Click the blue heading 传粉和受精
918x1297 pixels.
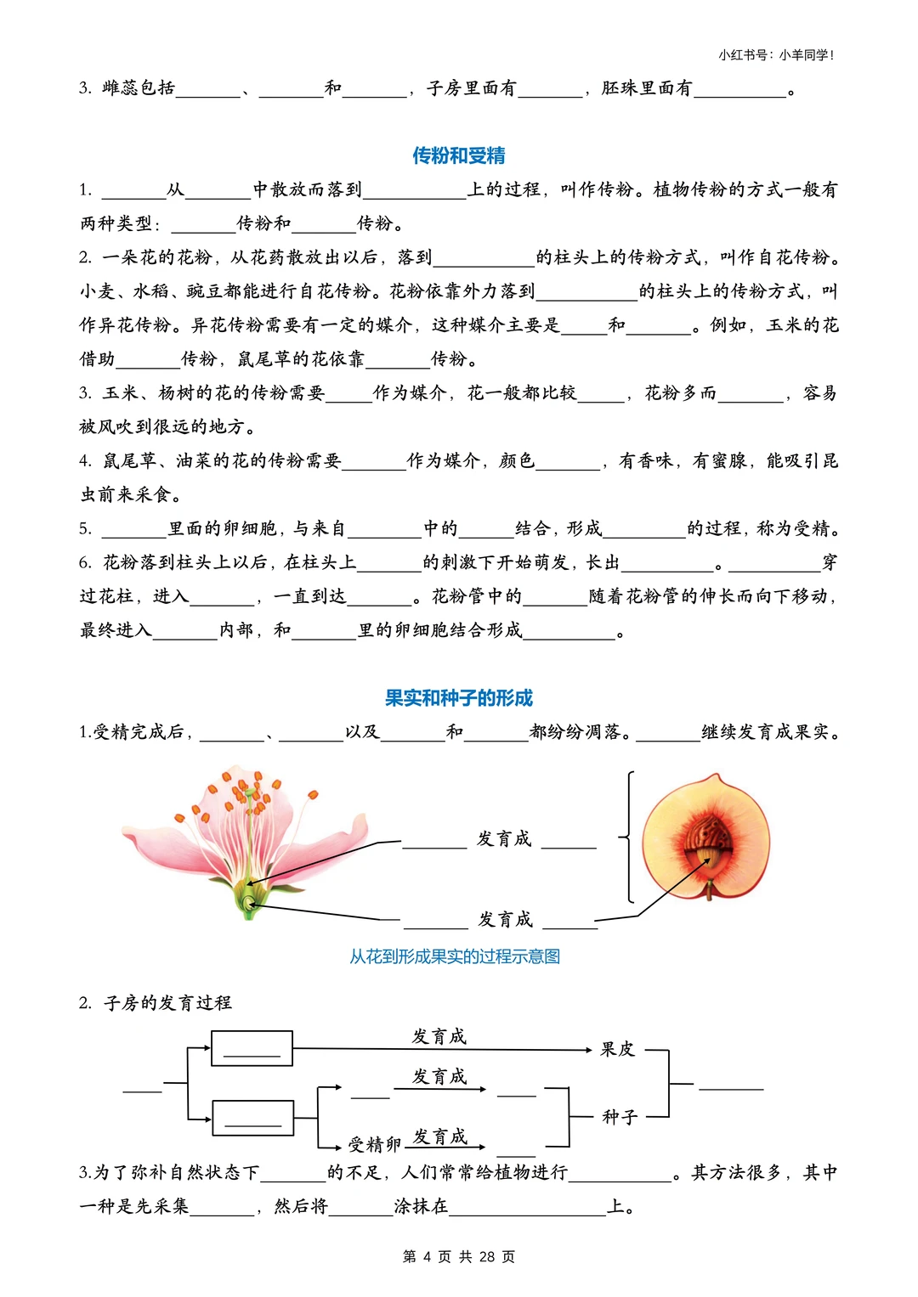click(458, 155)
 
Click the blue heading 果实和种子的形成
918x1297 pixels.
click(458, 698)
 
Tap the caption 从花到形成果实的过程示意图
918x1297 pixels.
click(455, 956)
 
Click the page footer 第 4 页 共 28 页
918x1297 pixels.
click(458, 1256)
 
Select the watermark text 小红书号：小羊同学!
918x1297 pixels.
click(776, 55)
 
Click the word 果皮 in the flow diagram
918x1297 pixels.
click(617, 1050)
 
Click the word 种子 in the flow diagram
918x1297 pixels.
click(619, 1117)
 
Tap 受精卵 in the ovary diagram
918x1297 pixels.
click(374, 1145)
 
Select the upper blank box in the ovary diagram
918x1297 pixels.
click(252, 1048)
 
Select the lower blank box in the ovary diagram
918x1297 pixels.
click(252, 1118)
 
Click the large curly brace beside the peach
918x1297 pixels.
click(628, 837)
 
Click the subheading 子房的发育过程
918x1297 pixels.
click(167, 1003)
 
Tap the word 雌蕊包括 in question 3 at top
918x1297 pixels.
click(139, 88)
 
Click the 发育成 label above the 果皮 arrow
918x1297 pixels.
click(439, 1036)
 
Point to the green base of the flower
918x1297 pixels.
click(249, 900)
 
